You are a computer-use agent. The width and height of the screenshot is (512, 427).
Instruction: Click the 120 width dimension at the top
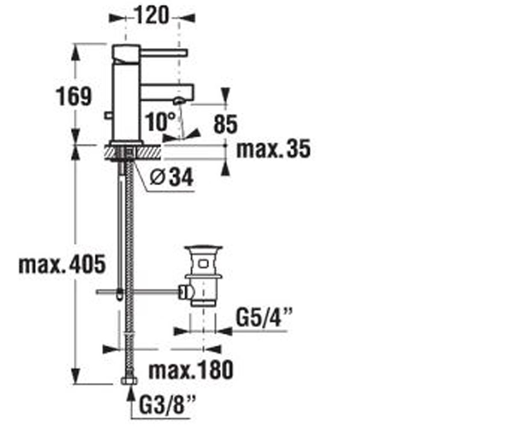152,15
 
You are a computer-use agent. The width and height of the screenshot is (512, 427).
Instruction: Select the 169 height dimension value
74,97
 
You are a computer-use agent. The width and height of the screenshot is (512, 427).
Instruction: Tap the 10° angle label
160,122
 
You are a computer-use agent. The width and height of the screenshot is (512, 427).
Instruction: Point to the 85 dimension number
226,124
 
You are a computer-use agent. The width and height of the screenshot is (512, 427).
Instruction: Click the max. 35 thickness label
273,149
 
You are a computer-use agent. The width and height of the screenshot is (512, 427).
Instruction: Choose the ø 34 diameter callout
172,177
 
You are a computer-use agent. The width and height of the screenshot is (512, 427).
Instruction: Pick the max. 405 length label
62,264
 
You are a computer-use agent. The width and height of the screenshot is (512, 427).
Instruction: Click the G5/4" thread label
264,318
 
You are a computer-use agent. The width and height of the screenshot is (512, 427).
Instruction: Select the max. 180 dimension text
191,370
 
